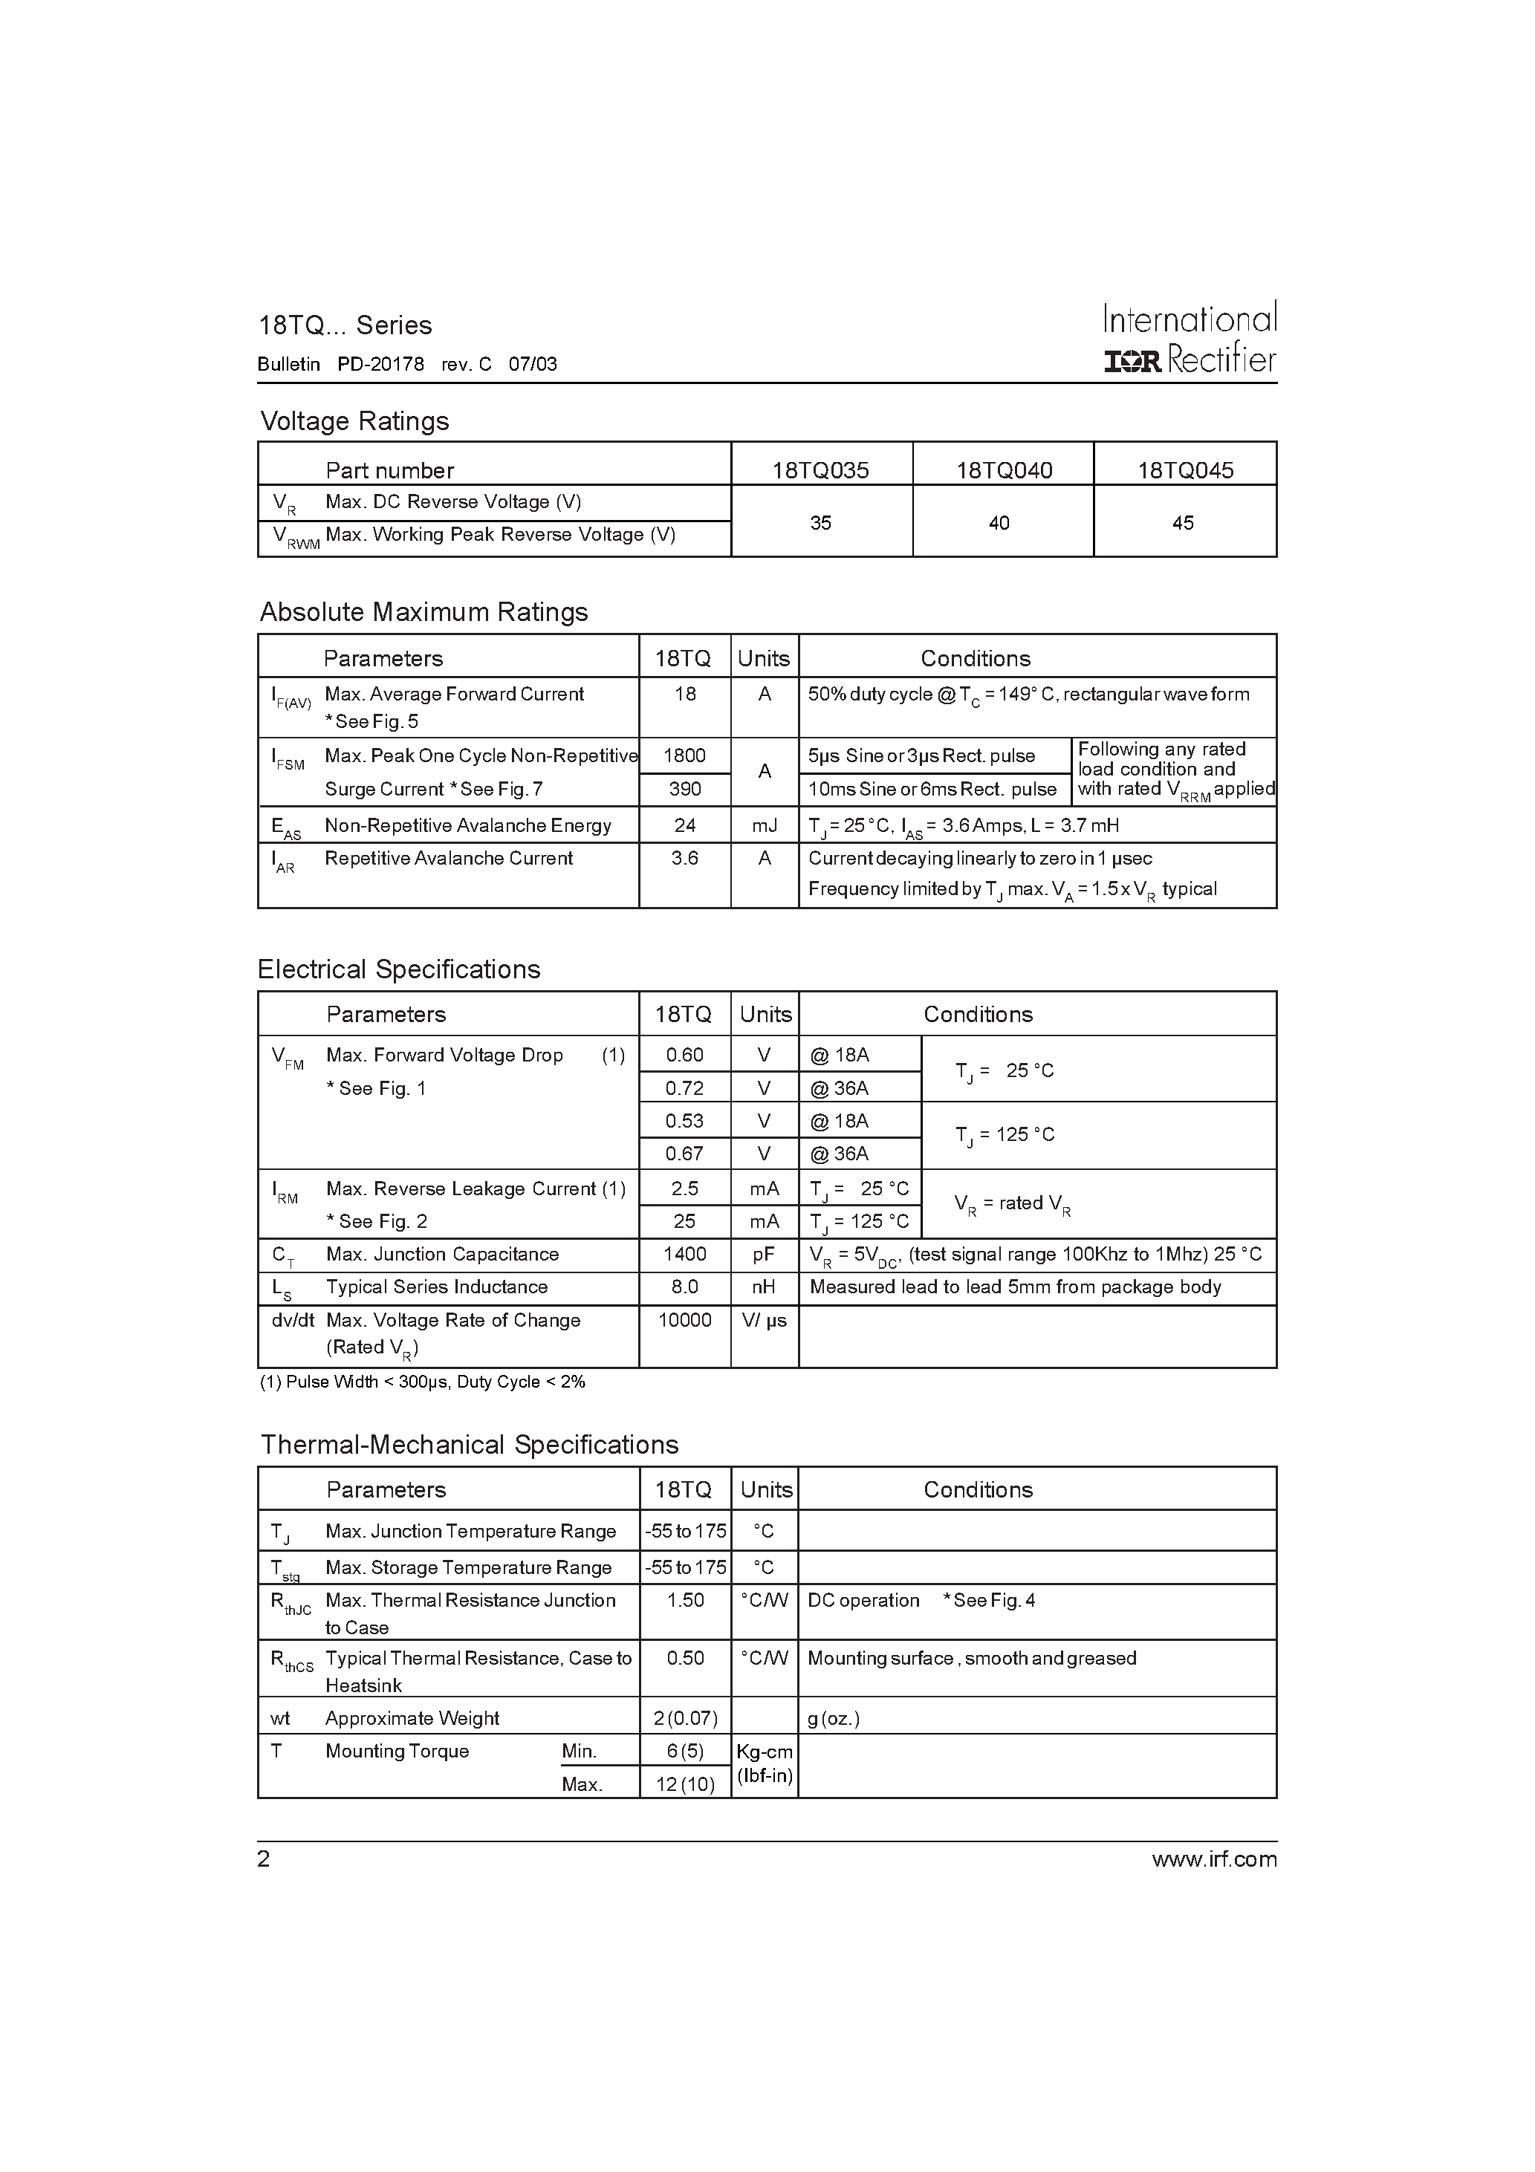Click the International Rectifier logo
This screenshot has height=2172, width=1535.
click(1190, 339)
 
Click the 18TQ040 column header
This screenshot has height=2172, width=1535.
click(1003, 470)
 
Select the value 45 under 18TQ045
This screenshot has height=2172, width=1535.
click(1183, 522)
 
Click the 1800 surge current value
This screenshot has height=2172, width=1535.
click(684, 755)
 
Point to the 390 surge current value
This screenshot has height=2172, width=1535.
click(684, 789)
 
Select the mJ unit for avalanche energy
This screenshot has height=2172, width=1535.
click(764, 826)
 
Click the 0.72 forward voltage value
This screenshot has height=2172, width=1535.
click(684, 1088)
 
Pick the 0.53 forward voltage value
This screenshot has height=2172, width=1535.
click(684, 1121)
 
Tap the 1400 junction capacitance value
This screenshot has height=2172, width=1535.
click(684, 1255)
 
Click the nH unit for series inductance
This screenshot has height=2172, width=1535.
click(764, 1287)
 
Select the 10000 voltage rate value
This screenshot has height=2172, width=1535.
click(684, 1321)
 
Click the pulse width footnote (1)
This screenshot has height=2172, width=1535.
click(422, 1382)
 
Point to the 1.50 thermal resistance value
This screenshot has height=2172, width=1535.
click(685, 1601)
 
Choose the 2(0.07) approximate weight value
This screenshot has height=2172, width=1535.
click(685, 1719)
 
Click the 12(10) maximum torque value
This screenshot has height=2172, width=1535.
click(685, 1785)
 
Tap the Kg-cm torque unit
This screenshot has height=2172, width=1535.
click(765, 1752)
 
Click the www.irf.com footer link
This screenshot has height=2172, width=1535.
click(1214, 1860)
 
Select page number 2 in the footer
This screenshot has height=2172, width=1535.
click(264, 1860)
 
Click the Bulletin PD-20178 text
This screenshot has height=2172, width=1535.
click(341, 364)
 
